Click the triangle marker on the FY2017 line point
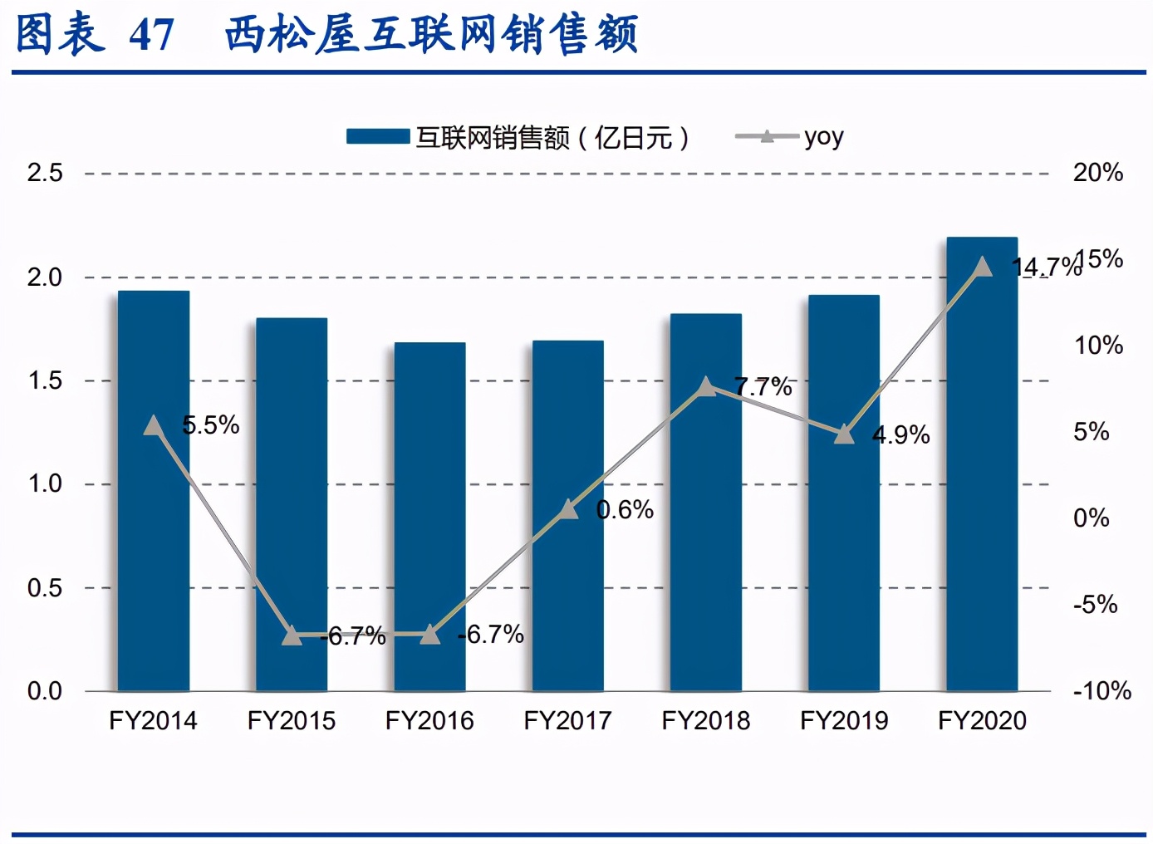(x=568, y=509)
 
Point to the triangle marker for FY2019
(x=844, y=434)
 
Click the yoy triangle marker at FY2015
(x=292, y=635)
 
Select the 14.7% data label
(x=1047, y=267)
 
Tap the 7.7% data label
(x=763, y=386)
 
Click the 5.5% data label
(x=211, y=425)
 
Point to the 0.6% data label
(x=626, y=510)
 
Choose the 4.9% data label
(x=901, y=435)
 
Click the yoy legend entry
(x=790, y=137)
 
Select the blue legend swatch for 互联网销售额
(x=378, y=137)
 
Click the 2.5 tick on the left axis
(x=45, y=173)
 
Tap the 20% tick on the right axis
(x=1097, y=173)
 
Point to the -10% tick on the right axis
(x=1101, y=691)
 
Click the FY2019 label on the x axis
(x=844, y=720)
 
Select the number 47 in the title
(x=152, y=36)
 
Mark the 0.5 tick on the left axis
(x=45, y=588)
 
